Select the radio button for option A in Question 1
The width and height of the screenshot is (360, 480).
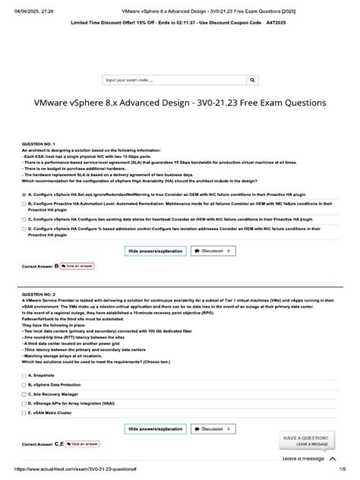(x=24, y=194)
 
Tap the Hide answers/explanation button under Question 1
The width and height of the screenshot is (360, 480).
(x=155, y=249)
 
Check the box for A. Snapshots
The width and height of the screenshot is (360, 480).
(x=24, y=374)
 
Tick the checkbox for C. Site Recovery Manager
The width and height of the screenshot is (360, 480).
(x=24, y=395)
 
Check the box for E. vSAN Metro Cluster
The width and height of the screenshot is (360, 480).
(x=24, y=415)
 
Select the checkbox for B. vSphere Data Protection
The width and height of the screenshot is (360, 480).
(x=24, y=385)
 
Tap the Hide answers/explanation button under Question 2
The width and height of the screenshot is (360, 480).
(x=155, y=429)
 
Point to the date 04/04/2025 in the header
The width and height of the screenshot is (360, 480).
(x=21, y=5)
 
